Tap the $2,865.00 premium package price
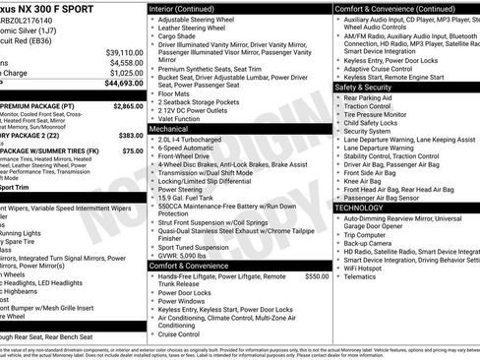pos(128,105)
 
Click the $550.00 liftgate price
pos(317,276)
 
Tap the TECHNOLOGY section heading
pos(360,208)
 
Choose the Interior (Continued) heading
pos(189,8)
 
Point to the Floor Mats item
pos(178,93)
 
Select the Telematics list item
pos(363,277)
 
